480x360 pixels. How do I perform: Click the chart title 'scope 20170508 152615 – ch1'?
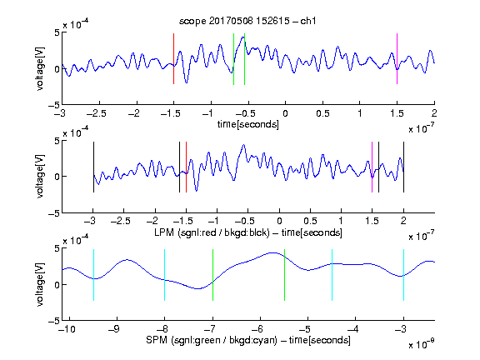247,21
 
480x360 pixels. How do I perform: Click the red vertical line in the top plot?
173,59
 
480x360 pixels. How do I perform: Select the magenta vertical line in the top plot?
397,59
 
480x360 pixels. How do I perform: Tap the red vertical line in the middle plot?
186,167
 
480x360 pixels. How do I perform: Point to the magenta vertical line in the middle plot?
372,167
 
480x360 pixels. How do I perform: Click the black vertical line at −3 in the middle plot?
93,167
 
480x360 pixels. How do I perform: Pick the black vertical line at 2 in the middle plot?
403,167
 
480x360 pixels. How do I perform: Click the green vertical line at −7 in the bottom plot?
212,275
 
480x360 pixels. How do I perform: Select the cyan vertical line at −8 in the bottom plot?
165,275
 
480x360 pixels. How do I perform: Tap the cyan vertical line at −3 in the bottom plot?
403,275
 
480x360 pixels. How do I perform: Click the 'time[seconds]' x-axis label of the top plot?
248,124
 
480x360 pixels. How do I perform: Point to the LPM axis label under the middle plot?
248,232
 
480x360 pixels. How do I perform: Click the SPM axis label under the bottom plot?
248,340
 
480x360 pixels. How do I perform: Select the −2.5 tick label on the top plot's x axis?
97,113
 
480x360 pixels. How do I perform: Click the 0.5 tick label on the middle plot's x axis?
310,221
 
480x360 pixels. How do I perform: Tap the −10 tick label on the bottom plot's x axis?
67,329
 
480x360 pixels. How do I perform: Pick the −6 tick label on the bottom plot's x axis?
259,329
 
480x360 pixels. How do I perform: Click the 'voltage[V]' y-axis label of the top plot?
40,68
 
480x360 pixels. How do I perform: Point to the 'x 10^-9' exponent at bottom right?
421,344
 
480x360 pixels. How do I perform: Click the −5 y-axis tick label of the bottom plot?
53,321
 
